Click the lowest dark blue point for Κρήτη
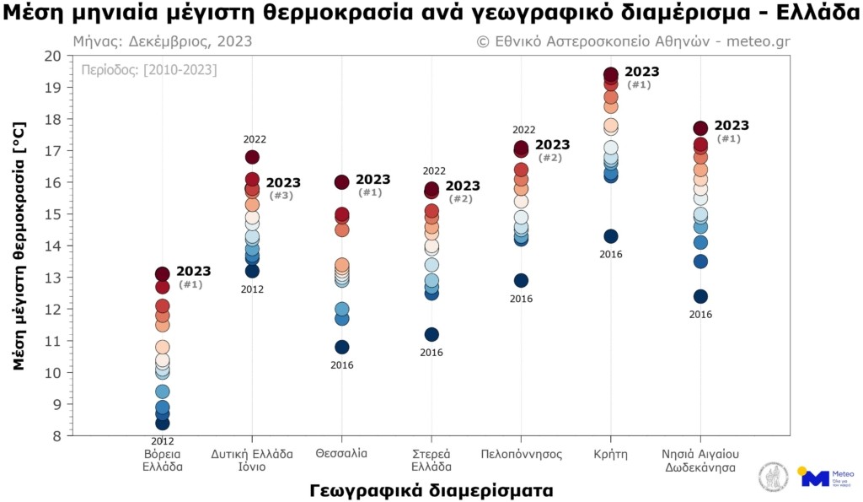pyautogui.click(x=611, y=236)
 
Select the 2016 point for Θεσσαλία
pyautogui.click(x=342, y=347)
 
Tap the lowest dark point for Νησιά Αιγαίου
pyautogui.click(x=700, y=296)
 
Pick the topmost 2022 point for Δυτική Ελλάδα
pyautogui.click(x=252, y=157)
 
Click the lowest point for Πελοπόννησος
pyautogui.click(x=521, y=280)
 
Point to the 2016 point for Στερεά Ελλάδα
pyautogui.click(x=431, y=334)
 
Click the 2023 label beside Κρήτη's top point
pyautogui.click(x=642, y=72)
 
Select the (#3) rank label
pyautogui.click(x=281, y=196)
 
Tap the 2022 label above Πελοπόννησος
pyautogui.click(x=524, y=130)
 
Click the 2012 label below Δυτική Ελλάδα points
pyautogui.click(x=252, y=289)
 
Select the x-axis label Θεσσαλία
pyautogui.click(x=341, y=453)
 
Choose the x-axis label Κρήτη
pyautogui.click(x=610, y=453)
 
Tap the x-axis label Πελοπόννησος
pyautogui.click(x=521, y=453)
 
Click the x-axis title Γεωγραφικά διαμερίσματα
pyautogui.click(x=431, y=490)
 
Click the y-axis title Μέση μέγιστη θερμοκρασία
pyautogui.click(x=20, y=246)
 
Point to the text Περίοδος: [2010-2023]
pyautogui.click(x=148, y=70)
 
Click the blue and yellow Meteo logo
pyautogui.click(x=823, y=478)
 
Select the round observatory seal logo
pyautogui.click(x=774, y=478)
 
